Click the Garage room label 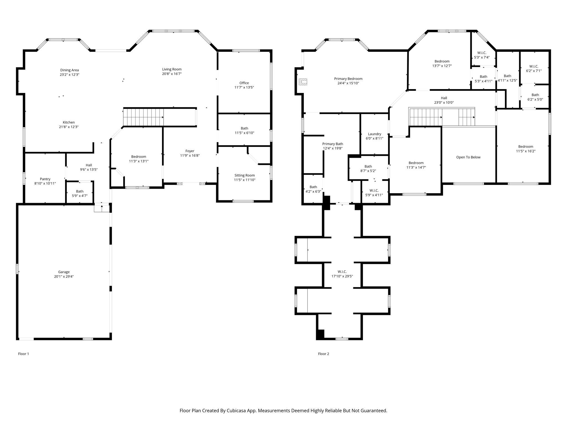(x=64, y=272)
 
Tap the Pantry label (x=45, y=179)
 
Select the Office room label (x=244, y=83)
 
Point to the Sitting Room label (x=244, y=175)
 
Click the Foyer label (x=190, y=151)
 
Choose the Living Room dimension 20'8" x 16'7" (x=172, y=74)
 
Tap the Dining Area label (x=69, y=70)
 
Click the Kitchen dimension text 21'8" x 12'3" (x=69, y=127)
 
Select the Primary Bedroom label (x=348, y=79)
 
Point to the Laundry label (x=375, y=134)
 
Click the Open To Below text (x=468, y=157)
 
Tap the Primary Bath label (x=333, y=144)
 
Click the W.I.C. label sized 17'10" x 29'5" (x=342, y=272)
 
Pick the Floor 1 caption (x=24, y=354)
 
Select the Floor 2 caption (x=324, y=354)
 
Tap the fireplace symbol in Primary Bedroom (x=303, y=82)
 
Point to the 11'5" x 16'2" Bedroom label (x=526, y=147)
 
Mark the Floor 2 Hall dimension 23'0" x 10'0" (x=444, y=103)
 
